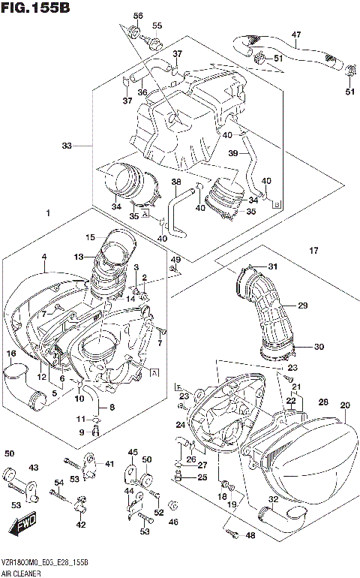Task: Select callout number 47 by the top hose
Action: [x=295, y=35]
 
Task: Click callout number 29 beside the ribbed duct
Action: [x=303, y=306]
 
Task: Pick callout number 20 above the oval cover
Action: [x=344, y=405]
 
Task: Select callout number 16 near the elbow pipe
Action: [x=11, y=353]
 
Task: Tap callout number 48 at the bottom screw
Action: [x=250, y=535]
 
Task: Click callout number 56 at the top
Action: [x=137, y=16]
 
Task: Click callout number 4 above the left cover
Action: [x=44, y=257]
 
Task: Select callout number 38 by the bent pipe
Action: [x=175, y=182]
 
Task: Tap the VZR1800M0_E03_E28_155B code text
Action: [x=44, y=562]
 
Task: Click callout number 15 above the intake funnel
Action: [x=89, y=236]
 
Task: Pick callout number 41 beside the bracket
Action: [x=109, y=464]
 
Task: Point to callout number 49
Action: [x=175, y=260]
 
